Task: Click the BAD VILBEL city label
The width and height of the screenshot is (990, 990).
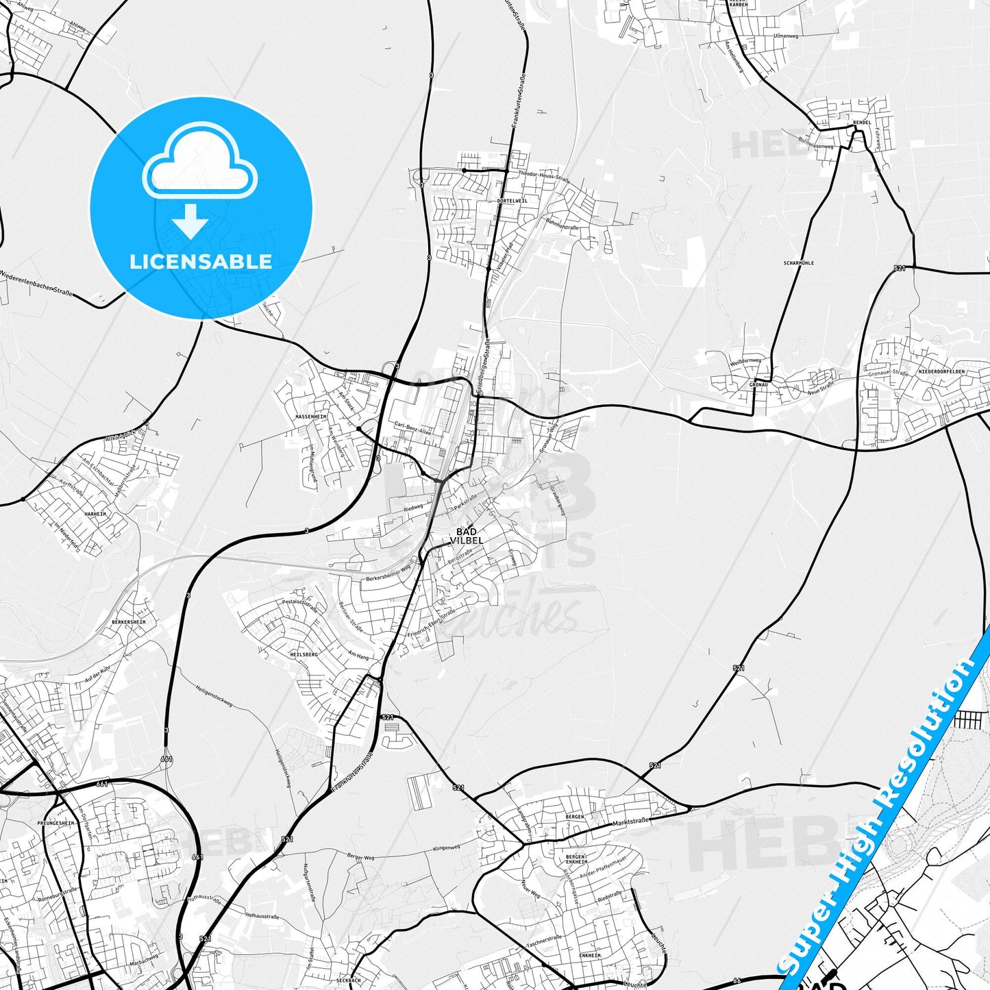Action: pos(466,536)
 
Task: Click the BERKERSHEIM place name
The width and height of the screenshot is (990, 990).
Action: pos(129,622)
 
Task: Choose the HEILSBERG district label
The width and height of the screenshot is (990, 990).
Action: pos(304,654)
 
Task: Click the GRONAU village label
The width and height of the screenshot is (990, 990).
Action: pos(758,385)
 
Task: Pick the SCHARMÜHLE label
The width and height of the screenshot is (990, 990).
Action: pos(798,263)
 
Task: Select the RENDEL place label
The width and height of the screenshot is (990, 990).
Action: pos(862,123)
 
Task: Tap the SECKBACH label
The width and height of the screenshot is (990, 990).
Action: pos(349,980)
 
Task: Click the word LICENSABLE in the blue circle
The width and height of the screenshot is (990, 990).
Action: pos(201,261)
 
